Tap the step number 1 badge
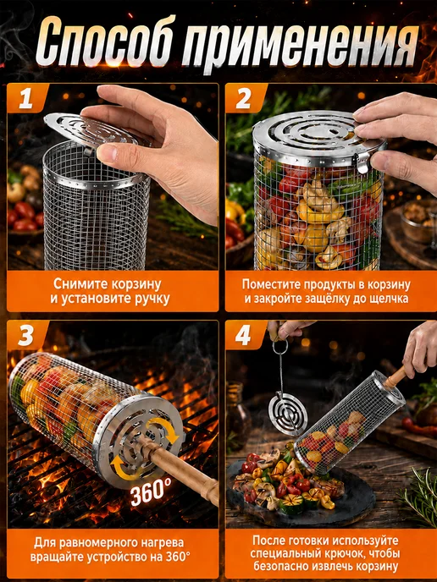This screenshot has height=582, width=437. pos(26,99)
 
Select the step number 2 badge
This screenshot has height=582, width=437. pos(244,99)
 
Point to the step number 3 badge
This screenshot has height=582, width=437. pos(26,336)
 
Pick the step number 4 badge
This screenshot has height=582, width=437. pos(244,336)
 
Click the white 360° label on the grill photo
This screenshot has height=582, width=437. pos(149,493)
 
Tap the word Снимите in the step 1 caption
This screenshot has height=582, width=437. pos(76,285)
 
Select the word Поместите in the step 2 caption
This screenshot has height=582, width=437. pos(267,285)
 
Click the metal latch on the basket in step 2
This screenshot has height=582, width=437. pos(362,162)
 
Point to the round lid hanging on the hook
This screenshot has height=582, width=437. pos(288,413)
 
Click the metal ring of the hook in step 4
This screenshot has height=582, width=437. pos(279,346)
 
